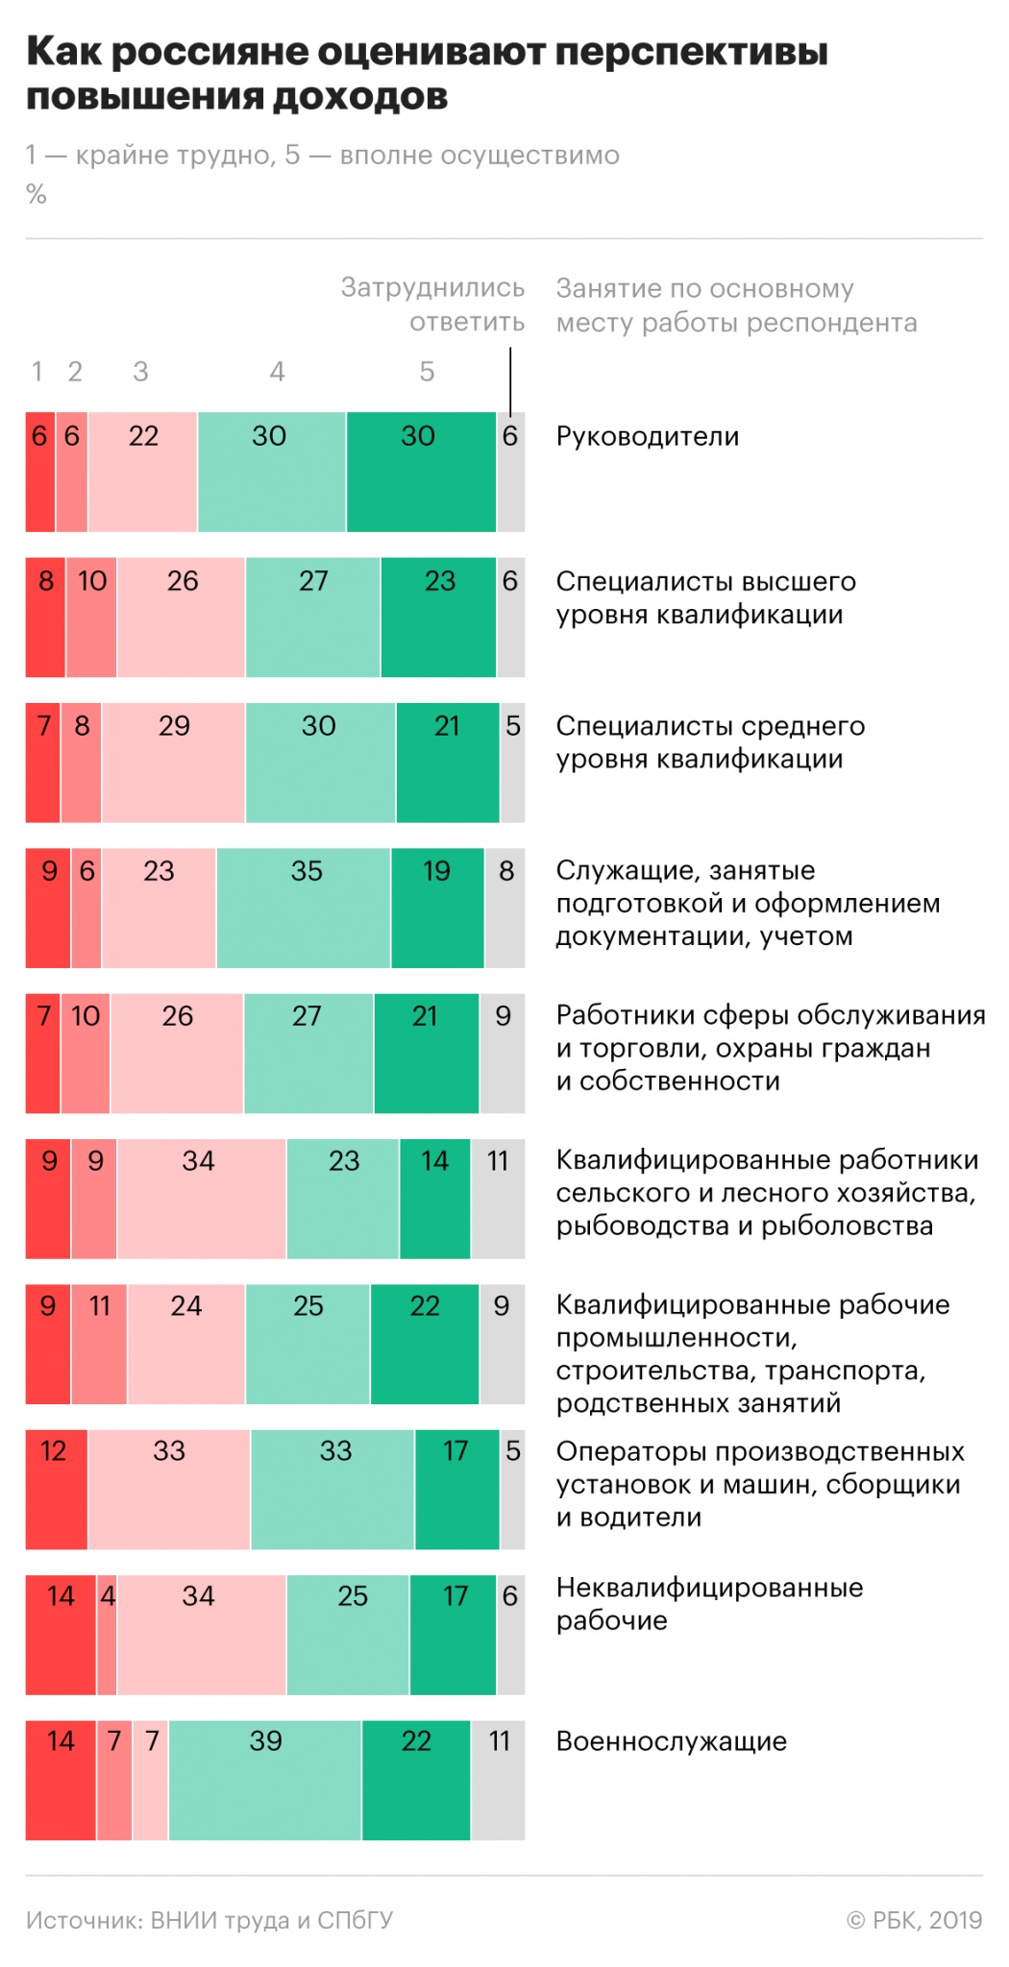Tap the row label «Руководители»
tap(647, 437)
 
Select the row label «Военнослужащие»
tap(671, 1741)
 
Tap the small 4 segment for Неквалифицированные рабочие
tap(107, 1634)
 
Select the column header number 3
tap(140, 372)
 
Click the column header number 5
tap(427, 372)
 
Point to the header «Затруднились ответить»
tap(433, 304)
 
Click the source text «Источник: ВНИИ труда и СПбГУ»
tap(209, 1920)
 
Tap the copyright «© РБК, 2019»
tap(914, 1920)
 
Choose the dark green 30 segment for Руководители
tap(421, 472)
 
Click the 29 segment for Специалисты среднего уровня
tap(173, 763)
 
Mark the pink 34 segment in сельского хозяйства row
tap(201, 1198)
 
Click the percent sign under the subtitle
tap(37, 195)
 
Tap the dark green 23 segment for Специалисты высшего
tap(438, 617)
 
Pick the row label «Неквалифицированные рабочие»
tap(709, 1604)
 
